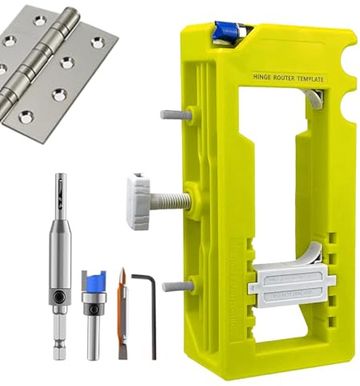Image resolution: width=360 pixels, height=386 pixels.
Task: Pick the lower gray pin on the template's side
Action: click(176, 286)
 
